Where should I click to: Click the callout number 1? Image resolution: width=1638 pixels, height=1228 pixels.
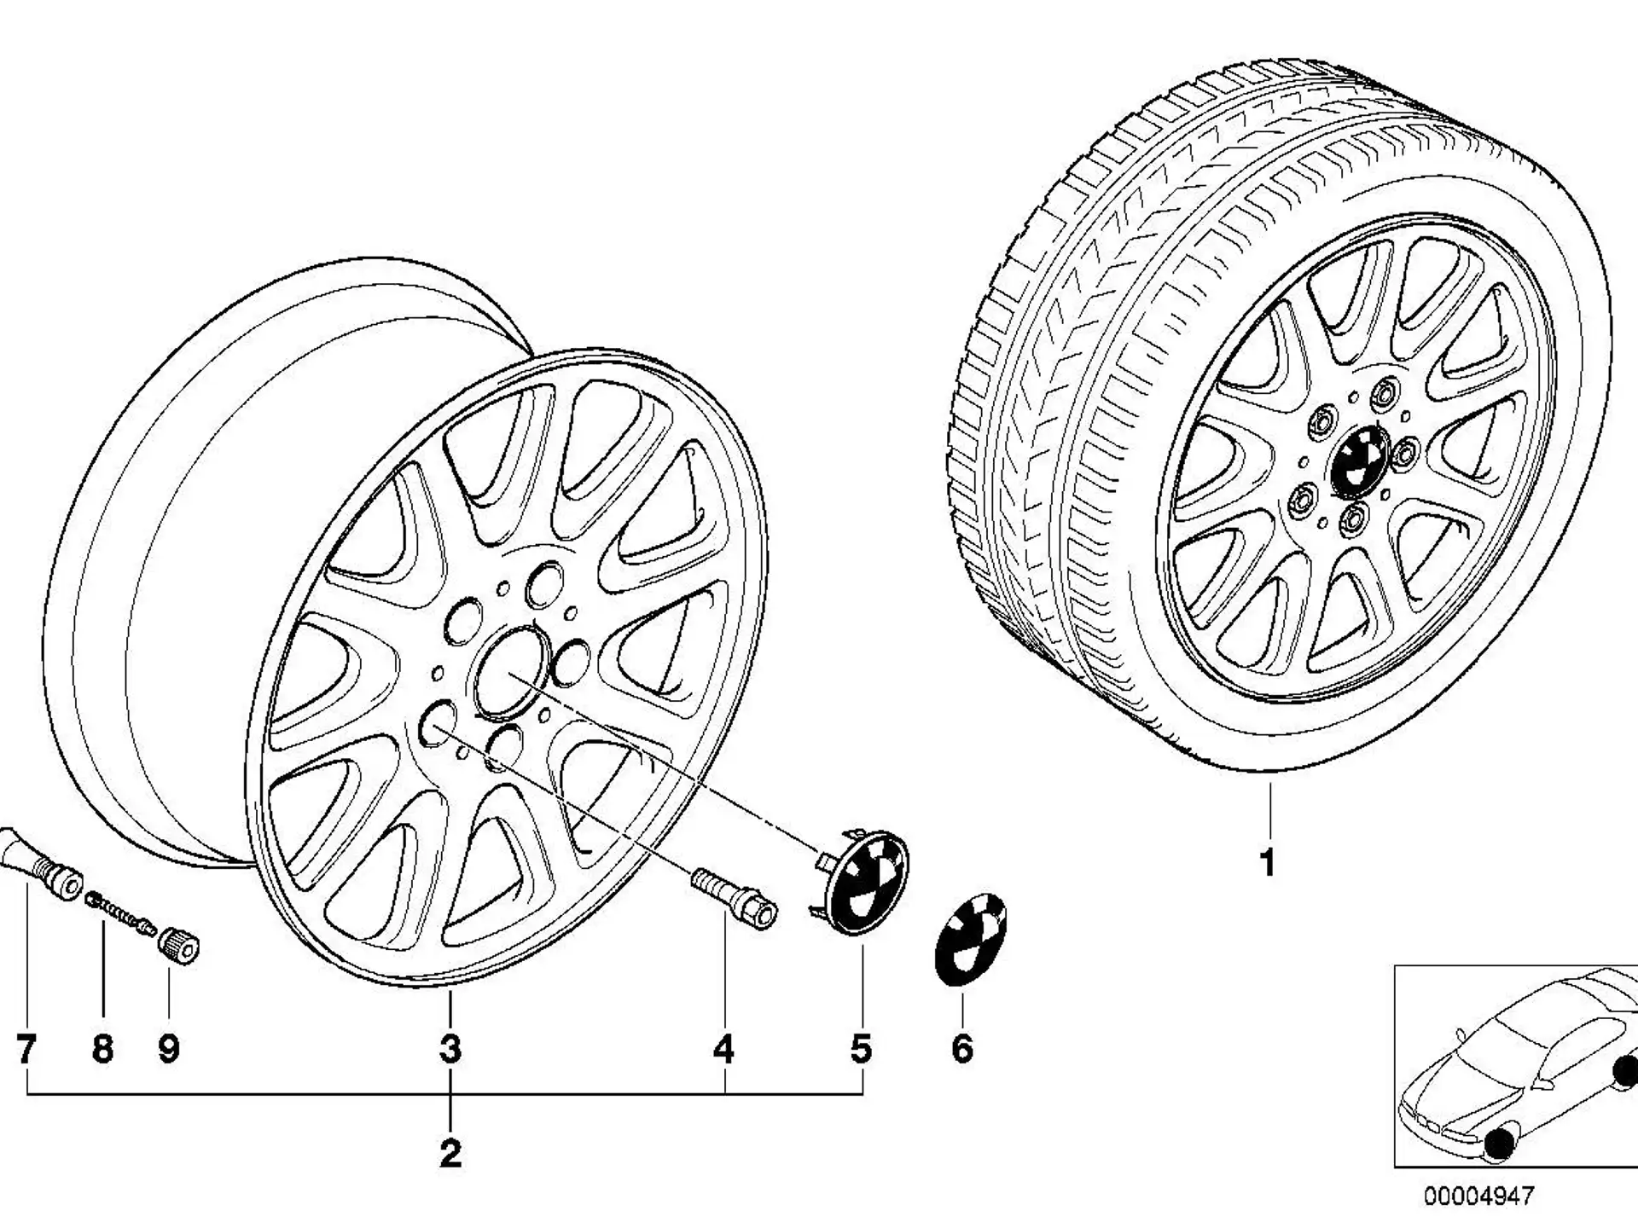point(1268,863)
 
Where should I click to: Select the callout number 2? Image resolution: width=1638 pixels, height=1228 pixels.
point(450,1154)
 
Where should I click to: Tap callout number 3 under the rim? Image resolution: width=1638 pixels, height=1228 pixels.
point(450,1049)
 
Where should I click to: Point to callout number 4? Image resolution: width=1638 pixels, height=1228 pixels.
point(723,1049)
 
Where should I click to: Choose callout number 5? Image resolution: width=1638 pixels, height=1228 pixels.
point(861,1049)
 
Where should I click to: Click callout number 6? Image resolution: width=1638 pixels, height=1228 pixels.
point(962,1049)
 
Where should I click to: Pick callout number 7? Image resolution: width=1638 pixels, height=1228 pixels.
point(26,1049)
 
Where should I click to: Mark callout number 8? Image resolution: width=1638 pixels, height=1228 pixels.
point(102,1049)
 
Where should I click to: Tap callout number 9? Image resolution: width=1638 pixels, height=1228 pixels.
point(169,1049)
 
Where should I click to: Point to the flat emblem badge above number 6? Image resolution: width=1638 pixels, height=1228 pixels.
point(971,938)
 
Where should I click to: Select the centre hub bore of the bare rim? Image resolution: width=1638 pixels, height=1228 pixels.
point(511,673)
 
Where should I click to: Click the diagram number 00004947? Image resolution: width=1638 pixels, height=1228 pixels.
point(1478,1196)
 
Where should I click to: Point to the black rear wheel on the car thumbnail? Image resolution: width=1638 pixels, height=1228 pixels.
point(1628,1073)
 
